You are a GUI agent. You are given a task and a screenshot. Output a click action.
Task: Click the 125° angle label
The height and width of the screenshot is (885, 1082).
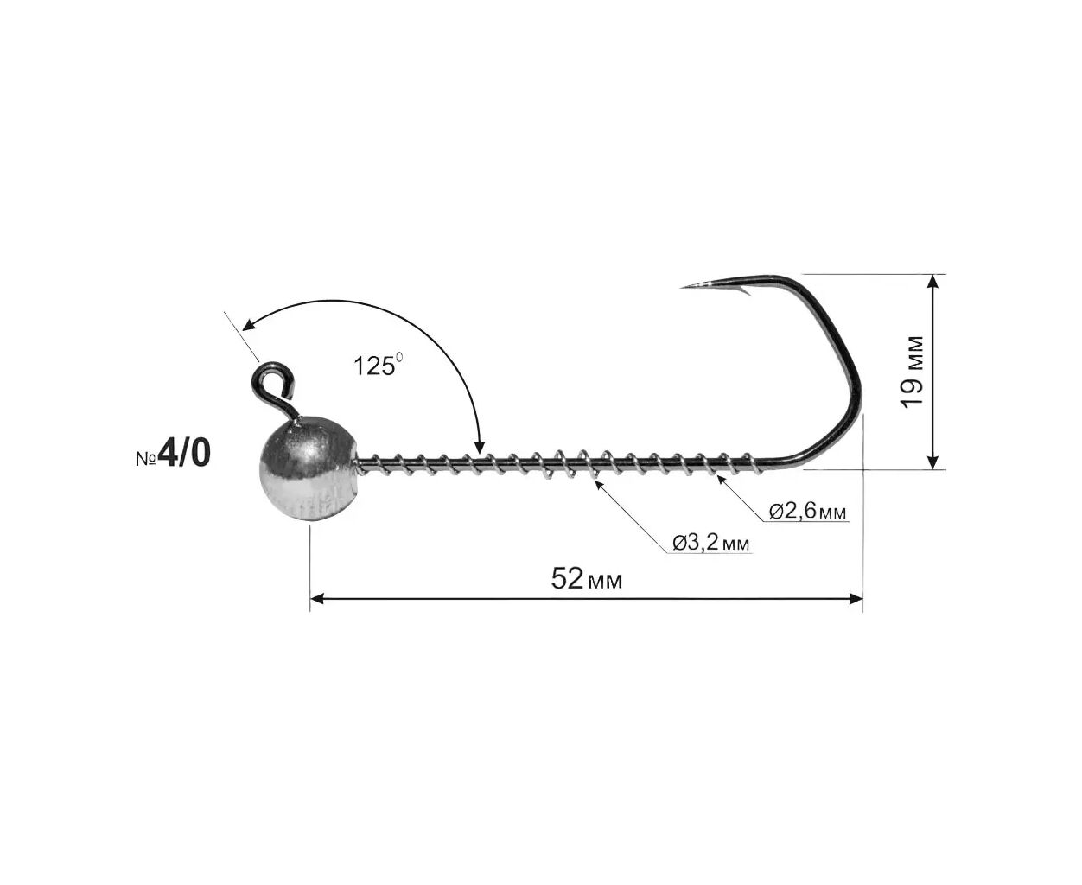pyautogui.click(x=379, y=366)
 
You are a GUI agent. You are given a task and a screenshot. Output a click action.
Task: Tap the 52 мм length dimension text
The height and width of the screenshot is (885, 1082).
pyautogui.click(x=587, y=579)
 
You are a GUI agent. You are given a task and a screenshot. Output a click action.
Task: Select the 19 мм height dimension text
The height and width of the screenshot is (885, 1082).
pyautogui.click(x=912, y=372)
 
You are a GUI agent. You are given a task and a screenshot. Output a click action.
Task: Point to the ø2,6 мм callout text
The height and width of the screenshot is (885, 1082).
pyautogui.click(x=807, y=511)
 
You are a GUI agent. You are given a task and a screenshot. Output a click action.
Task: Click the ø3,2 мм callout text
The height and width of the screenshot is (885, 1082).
pyautogui.click(x=710, y=543)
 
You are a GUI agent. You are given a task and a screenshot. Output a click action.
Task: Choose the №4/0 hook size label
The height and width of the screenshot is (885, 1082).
pyautogui.click(x=174, y=454)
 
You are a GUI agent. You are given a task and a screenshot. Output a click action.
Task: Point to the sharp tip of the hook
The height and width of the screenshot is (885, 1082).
pyautogui.click(x=683, y=287)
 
